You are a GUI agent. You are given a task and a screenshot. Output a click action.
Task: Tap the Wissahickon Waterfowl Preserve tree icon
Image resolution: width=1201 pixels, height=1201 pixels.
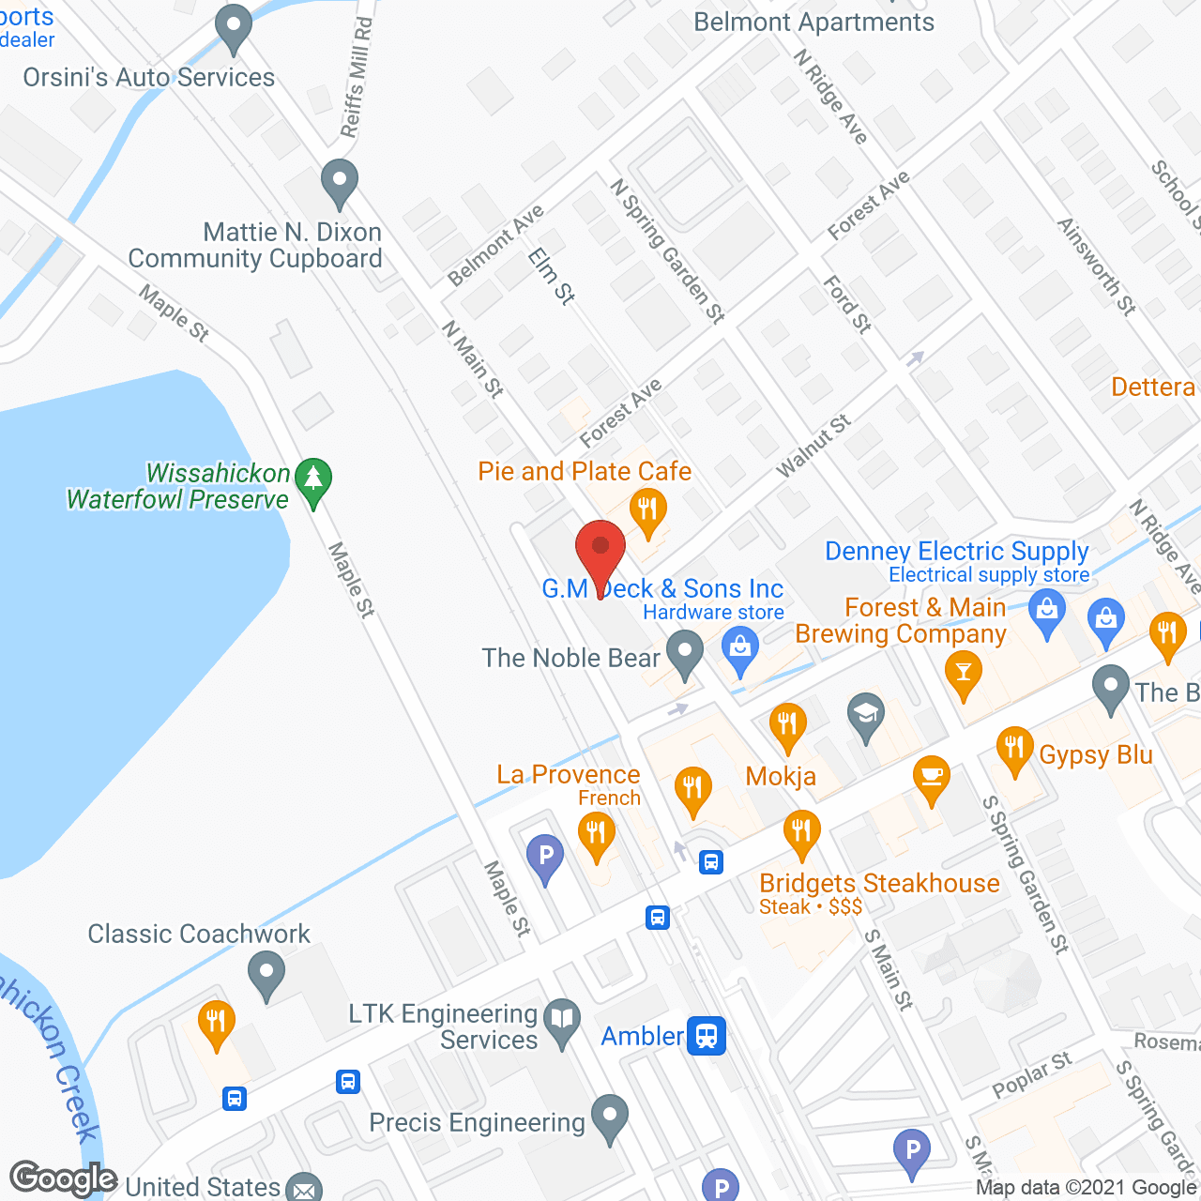coord(313,480)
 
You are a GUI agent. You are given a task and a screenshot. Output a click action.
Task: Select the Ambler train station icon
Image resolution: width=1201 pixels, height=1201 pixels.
coord(706,1036)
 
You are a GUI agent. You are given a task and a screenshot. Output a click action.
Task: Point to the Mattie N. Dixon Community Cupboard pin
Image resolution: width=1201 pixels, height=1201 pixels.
coord(340,183)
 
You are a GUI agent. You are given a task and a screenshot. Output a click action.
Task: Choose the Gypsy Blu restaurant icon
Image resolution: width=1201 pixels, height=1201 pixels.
coord(1014,750)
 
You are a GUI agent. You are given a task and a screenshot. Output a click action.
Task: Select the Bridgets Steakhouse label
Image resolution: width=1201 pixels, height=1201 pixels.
coord(879,884)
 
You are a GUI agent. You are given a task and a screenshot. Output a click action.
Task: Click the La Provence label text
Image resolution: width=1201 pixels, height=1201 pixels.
coord(569,775)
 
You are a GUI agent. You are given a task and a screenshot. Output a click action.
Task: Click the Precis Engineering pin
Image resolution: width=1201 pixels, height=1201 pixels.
coord(610,1117)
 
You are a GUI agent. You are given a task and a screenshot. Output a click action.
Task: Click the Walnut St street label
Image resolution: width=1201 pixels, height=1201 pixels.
coord(813,445)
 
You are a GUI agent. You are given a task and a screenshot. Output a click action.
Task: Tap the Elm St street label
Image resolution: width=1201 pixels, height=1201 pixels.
coord(551,276)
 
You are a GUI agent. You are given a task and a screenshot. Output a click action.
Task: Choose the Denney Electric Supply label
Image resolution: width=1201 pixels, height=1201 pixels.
coord(957,552)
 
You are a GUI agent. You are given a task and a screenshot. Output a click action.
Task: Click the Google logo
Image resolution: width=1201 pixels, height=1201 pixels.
coord(63,1178)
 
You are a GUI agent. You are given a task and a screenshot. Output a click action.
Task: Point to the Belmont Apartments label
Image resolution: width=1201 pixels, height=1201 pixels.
coord(813,23)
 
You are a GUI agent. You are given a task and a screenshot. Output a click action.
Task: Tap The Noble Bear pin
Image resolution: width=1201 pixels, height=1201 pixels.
coord(685,653)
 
